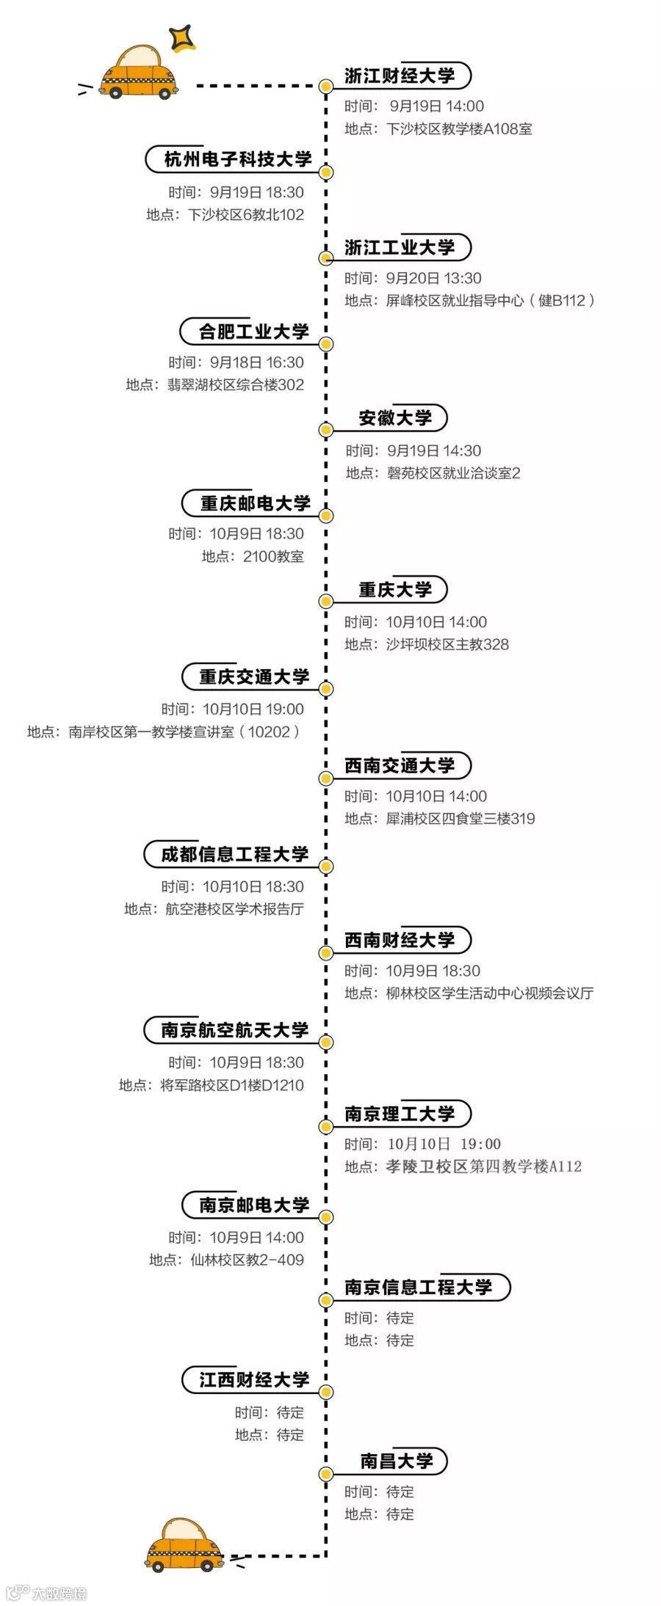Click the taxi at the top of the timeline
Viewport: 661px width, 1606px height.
point(139,74)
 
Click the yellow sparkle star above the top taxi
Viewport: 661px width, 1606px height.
point(181,37)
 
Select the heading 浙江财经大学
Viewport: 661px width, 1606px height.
point(400,76)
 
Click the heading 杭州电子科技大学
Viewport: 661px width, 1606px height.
point(237,159)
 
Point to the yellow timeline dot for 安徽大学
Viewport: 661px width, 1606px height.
point(326,429)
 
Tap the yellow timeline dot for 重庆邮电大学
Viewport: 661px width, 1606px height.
point(326,516)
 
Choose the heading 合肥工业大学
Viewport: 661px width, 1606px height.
point(253,332)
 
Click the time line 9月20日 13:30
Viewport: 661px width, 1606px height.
point(433,278)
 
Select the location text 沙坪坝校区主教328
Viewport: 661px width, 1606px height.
point(447,644)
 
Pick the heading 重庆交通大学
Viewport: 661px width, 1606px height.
point(254,676)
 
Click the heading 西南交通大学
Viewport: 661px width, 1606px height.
point(400,765)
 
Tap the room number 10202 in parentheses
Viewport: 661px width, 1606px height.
point(269,731)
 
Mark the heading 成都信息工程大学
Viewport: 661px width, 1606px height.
point(235,854)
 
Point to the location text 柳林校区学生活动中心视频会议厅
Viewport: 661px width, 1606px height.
point(490,993)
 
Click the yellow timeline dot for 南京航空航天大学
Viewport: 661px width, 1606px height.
point(326,1043)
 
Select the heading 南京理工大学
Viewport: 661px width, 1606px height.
point(400,1113)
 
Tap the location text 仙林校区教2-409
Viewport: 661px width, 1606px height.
point(247,1260)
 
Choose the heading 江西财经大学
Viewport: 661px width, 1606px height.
point(254,1380)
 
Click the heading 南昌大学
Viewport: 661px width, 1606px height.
point(396,1461)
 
